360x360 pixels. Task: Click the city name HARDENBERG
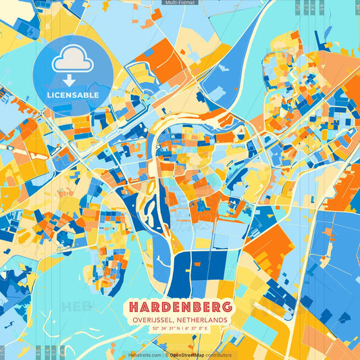pyautogui.click(x=180, y=307)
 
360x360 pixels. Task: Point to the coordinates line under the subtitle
pyautogui.click(x=180, y=329)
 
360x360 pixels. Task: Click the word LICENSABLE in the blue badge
pyautogui.click(x=73, y=95)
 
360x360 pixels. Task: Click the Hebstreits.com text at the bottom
pyautogui.click(x=144, y=355)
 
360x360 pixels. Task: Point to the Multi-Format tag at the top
pyautogui.click(x=180, y=3)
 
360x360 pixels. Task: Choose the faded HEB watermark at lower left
pyautogui.click(x=76, y=306)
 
